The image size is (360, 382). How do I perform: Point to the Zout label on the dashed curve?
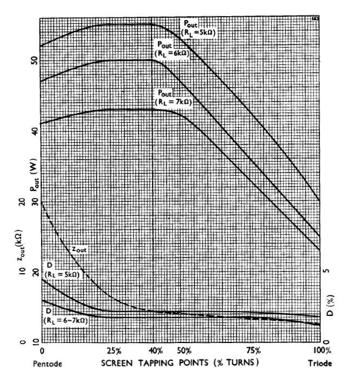[x=79, y=249]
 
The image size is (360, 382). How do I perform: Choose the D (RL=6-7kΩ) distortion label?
[x=64, y=314]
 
